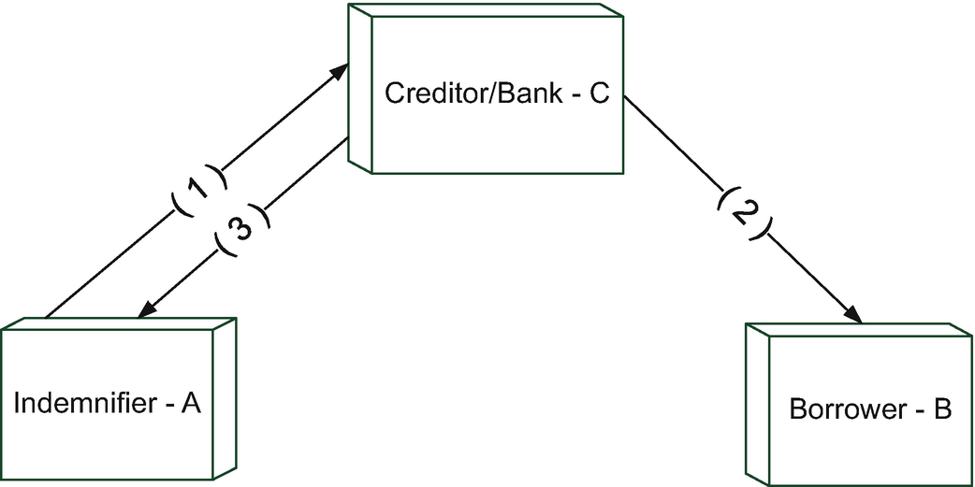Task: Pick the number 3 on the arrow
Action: click(241, 230)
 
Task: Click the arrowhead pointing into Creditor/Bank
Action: click(342, 74)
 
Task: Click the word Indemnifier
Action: click(82, 404)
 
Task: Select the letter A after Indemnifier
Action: click(191, 404)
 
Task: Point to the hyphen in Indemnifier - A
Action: click(165, 406)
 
